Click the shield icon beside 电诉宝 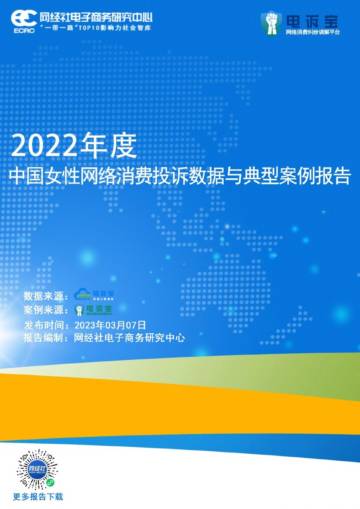pyautogui.click(x=269, y=21)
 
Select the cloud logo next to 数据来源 pyautogui.click(x=103, y=296)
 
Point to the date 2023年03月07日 pyautogui.click(x=111, y=325)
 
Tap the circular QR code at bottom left pyautogui.click(x=37, y=466)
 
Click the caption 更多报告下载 pyautogui.click(x=37, y=496)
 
